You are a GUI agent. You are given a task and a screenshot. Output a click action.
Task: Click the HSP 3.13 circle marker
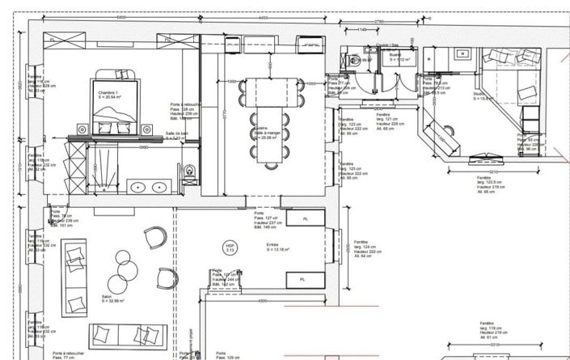230,248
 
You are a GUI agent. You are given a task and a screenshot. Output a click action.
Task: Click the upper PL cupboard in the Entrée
305,218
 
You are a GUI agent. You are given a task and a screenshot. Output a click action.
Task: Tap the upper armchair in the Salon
155,238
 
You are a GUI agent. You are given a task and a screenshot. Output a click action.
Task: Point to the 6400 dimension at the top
120,17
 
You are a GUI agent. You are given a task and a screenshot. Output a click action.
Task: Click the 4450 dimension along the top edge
264,17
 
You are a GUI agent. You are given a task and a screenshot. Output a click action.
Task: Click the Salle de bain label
177,135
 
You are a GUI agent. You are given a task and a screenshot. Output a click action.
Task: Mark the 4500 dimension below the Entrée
263,301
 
